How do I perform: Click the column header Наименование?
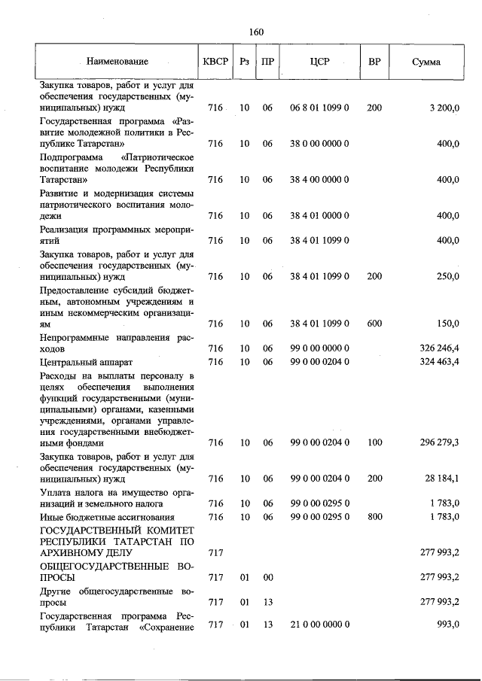pos(117,61)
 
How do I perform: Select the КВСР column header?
pos(215,61)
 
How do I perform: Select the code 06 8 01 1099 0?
pos(319,108)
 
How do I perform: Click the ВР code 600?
pos(374,324)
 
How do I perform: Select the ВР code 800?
pos(374,517)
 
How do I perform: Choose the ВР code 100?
pos(374,443)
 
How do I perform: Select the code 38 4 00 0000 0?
pos(319,181)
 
